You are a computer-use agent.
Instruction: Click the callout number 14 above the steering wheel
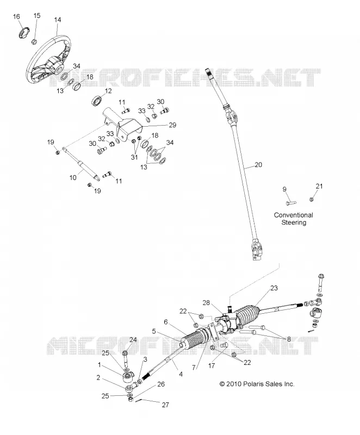[x=58, y=20]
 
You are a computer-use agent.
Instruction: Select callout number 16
[x=16, y=17]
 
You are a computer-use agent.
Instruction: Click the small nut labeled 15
[x=34, y=42]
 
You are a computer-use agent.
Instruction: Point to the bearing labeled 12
[x=96, y=101]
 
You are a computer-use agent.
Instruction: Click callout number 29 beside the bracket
[x=172, y=125]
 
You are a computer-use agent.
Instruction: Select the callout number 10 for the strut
[x=73, y=178]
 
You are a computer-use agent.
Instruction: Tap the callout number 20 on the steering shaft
[x=258, y=165]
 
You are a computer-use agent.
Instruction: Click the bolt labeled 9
[x=291, y=203]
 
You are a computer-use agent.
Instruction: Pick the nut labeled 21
[x=312, y=199]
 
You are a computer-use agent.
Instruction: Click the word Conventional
[x=294, y=215]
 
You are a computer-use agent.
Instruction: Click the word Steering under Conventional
[x=294, y=222]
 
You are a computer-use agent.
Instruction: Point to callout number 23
[x=274, y=288]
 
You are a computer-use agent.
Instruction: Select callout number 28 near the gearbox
[x=206, y=303]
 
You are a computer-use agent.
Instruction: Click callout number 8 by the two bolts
[x=289, y=339]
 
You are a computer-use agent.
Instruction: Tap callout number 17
[x=212, y=366]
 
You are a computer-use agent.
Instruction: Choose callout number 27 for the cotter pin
[x=165, y=405]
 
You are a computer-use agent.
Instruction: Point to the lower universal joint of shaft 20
[x=257, y=248]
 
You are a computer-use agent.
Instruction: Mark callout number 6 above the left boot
[x=166, y=322]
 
